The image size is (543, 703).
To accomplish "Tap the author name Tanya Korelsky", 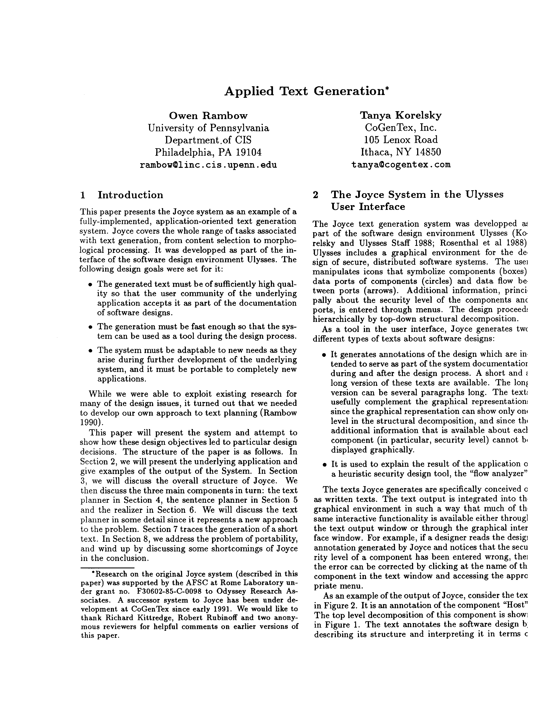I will pos(401,115).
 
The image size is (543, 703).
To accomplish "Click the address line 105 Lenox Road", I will pos(401,140).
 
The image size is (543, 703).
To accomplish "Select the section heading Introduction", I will pos(130,195).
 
